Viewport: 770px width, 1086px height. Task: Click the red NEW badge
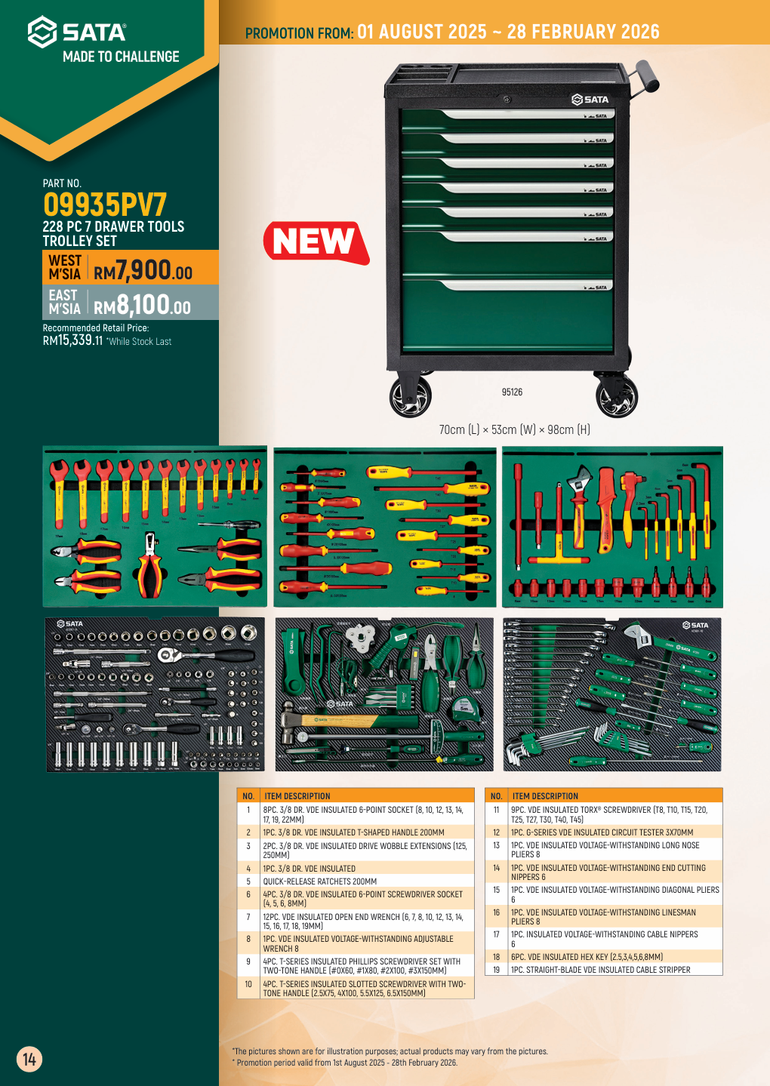pos(315,242)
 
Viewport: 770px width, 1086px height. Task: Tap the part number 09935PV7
pos(104,205)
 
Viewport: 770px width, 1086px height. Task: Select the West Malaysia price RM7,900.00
pos(143,269)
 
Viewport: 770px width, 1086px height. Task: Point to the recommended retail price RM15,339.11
pos(72,340)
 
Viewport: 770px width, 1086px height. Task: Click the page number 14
pos(29,1059)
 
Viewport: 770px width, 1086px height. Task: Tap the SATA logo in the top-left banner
pos(77,32)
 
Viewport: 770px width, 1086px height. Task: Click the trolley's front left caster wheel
pos(410,395)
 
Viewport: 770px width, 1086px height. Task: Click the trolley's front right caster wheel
pos(617,395)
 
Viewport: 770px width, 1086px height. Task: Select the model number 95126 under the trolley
pos(512,392)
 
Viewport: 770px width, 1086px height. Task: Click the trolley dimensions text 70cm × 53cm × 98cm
pos(514,429)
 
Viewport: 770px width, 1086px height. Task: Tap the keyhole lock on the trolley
pos(507,100)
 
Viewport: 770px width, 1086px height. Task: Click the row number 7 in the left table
pos(248,917)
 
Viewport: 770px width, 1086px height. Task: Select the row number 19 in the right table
pos(496,970)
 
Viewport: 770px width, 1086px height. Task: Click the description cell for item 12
pos(602,832)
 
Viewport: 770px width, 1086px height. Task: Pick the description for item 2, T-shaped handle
pos(353,832)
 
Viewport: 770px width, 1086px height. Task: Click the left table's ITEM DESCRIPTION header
pos(297,796)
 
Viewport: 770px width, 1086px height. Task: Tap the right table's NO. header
pos(496,796)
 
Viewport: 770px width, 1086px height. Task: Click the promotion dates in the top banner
pos(508,32)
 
